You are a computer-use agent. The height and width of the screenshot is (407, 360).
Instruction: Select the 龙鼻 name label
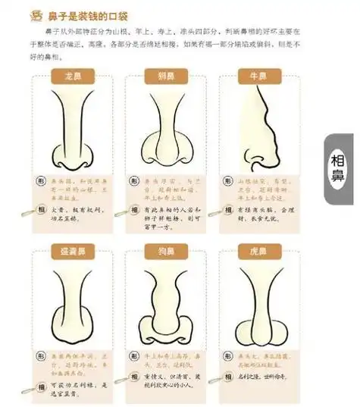tap(72, 76)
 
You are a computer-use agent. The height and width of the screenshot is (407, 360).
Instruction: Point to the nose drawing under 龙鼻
tap(73, 129)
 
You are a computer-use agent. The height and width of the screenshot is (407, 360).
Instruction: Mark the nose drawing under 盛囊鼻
tap(73, 303)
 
